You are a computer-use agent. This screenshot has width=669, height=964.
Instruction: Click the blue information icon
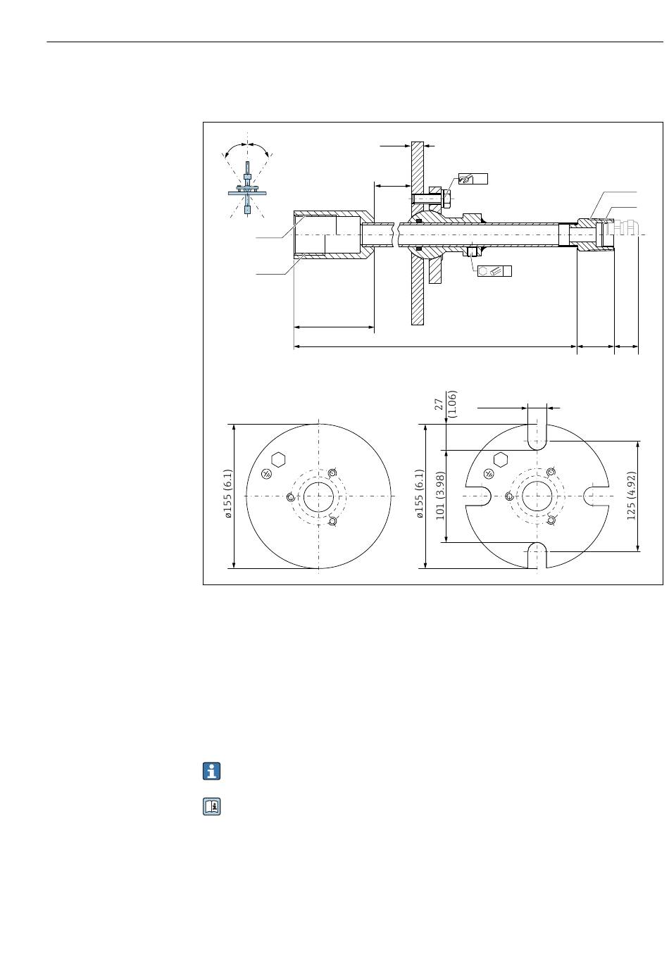click(211, 771)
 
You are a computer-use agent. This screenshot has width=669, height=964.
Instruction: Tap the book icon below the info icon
click(211, 806)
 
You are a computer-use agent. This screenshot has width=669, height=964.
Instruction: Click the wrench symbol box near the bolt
click(473, 179)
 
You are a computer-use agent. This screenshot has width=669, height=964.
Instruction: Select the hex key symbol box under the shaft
click(494, 271)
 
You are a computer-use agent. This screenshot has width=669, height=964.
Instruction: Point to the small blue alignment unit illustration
click(247, 187)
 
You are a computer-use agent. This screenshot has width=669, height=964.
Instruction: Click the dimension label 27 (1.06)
click(445, 404)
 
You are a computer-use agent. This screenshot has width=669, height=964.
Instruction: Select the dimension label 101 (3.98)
click(440, 496)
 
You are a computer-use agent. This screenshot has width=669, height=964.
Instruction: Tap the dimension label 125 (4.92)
click(631, 496)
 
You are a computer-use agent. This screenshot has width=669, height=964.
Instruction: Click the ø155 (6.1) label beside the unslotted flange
click(228, 494)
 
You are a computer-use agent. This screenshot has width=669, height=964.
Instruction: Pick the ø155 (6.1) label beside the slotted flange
click(420, 494)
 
